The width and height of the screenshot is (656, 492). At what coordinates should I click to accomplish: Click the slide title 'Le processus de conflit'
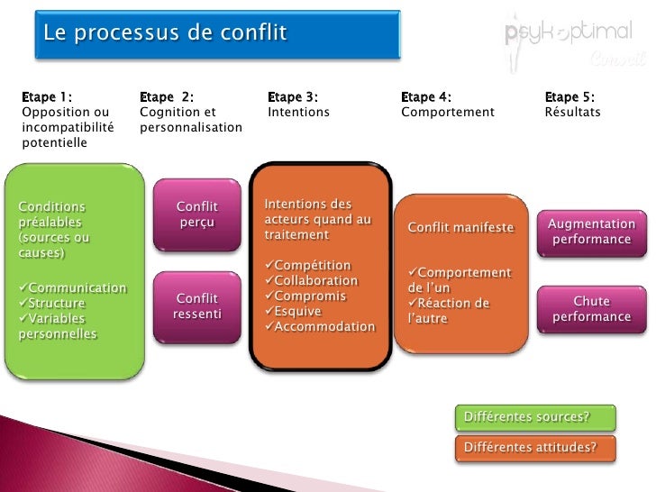tap(165, 34)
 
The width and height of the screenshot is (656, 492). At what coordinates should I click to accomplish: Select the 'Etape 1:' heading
tap(48, 97)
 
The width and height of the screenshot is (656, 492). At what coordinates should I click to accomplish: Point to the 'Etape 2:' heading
tap(167, 97)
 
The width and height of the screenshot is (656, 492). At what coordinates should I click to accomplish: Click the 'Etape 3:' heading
tap(293, 97)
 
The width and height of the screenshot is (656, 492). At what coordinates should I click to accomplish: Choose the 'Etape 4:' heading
tap(426, 97)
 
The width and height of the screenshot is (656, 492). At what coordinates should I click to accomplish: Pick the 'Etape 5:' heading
tap(569, 97)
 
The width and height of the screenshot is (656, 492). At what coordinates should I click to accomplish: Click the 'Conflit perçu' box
tap(197, 214)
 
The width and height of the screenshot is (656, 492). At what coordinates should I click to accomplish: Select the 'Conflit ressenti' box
tap(197, 305)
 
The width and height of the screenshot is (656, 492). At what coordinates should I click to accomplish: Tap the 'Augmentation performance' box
tap(591, 232)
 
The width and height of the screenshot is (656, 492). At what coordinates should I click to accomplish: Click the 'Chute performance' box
tap(591, 308)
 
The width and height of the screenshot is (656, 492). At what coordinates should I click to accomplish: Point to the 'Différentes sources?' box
tap(536, 417)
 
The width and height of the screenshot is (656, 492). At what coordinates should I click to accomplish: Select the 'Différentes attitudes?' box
tap(536, 447)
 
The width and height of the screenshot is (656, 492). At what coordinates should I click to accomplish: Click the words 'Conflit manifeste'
tap(460, 228)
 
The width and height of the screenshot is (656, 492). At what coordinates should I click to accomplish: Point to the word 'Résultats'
tap(572, 113)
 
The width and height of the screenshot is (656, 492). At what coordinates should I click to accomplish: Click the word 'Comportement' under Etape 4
tap(448, 113)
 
